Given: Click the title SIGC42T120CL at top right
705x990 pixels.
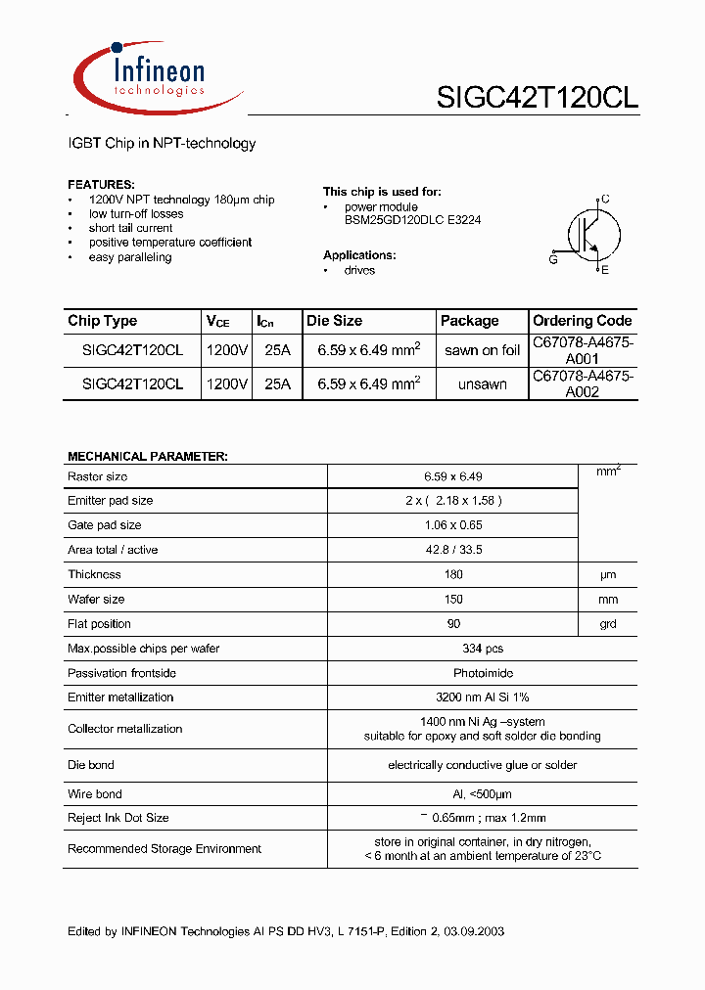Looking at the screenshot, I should (x=537, y=97).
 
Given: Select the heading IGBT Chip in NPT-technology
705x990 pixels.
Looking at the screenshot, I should (x=162, y=144).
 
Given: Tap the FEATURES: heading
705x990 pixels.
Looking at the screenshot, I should (x=101, y=185).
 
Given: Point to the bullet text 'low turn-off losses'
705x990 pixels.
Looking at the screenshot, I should (x=136, y=214).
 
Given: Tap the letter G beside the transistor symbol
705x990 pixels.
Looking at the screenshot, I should (x=553, y=260).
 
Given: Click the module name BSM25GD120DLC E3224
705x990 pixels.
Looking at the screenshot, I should (x=412, y=220).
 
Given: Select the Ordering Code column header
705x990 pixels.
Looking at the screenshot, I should (x=583, y=321).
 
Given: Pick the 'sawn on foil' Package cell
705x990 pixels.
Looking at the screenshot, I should (x=482, y=350).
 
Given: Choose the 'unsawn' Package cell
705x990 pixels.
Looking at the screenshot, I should (x=482, y=384).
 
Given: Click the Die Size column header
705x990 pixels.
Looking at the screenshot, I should (x=335, y=321).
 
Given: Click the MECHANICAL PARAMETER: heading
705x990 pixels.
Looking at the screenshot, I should (x=148, y=457).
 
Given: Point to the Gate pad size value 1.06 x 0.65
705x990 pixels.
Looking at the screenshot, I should (x=453, y=525).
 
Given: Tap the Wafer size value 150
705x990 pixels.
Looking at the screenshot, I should (x=453, y=600).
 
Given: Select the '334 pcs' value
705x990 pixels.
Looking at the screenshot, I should (x=482, y=649).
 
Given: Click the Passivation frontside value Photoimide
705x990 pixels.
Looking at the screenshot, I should (x=482, y=673).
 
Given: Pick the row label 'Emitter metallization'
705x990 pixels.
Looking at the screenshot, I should (x=120, y=697).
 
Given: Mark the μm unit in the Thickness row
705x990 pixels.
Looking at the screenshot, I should (x=608, y=575).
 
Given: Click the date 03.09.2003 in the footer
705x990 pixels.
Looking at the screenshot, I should (x=472, y=932).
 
